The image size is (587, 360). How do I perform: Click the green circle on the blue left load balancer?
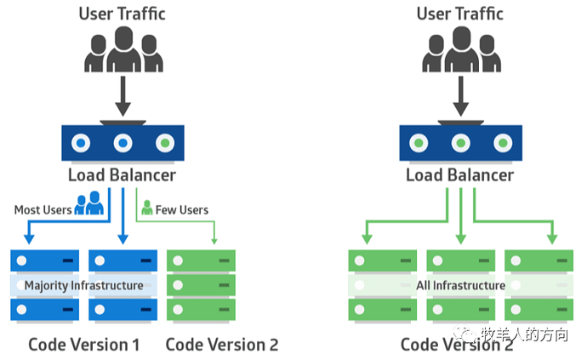coord(165,143)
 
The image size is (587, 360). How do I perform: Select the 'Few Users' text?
coord(182,209)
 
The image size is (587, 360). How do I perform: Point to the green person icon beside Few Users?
coord(146,207)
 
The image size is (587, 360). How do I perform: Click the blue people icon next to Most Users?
coord(88,204)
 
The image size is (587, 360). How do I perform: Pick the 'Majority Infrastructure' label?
coord(83,285)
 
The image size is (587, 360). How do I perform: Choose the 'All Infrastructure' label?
coord(459,285)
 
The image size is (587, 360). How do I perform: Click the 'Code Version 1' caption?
coord(83,344)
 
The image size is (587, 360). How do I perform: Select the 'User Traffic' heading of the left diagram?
coord(123,14)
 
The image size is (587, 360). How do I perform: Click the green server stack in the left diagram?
coord(201,285)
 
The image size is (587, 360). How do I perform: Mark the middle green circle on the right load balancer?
coord(460,143)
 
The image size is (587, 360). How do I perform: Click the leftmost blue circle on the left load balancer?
coord(82,143)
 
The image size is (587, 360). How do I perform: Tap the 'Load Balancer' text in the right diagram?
coord(459,175)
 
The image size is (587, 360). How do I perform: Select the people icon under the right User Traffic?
coord(460,50)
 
